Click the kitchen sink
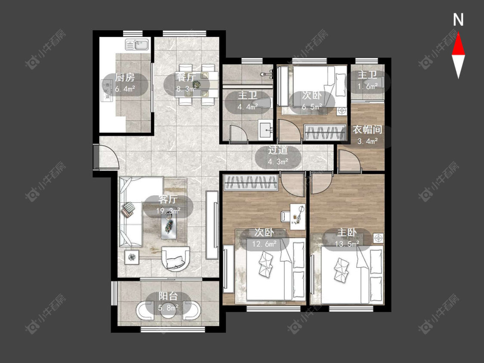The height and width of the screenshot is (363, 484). coord(137,44)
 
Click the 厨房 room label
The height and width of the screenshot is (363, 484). coord(125,77)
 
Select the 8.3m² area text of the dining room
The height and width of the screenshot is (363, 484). coord(186,89)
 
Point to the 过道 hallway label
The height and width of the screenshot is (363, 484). coord(278,150)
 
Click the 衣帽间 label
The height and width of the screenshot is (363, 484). coord(367,130)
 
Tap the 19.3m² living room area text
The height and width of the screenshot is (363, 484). coord(168,212)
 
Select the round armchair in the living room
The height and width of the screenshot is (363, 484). coord(176,258)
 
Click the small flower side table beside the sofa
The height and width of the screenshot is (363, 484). coord(132,257)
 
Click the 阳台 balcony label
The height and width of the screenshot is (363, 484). coord(168,296)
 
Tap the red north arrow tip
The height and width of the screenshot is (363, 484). coord(458,34)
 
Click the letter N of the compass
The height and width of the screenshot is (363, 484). coord(458,20)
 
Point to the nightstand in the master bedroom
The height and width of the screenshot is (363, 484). coord(379,238)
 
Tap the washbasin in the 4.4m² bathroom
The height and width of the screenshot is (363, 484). coord(265,129)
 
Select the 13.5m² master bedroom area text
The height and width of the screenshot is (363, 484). coord(347,244)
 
